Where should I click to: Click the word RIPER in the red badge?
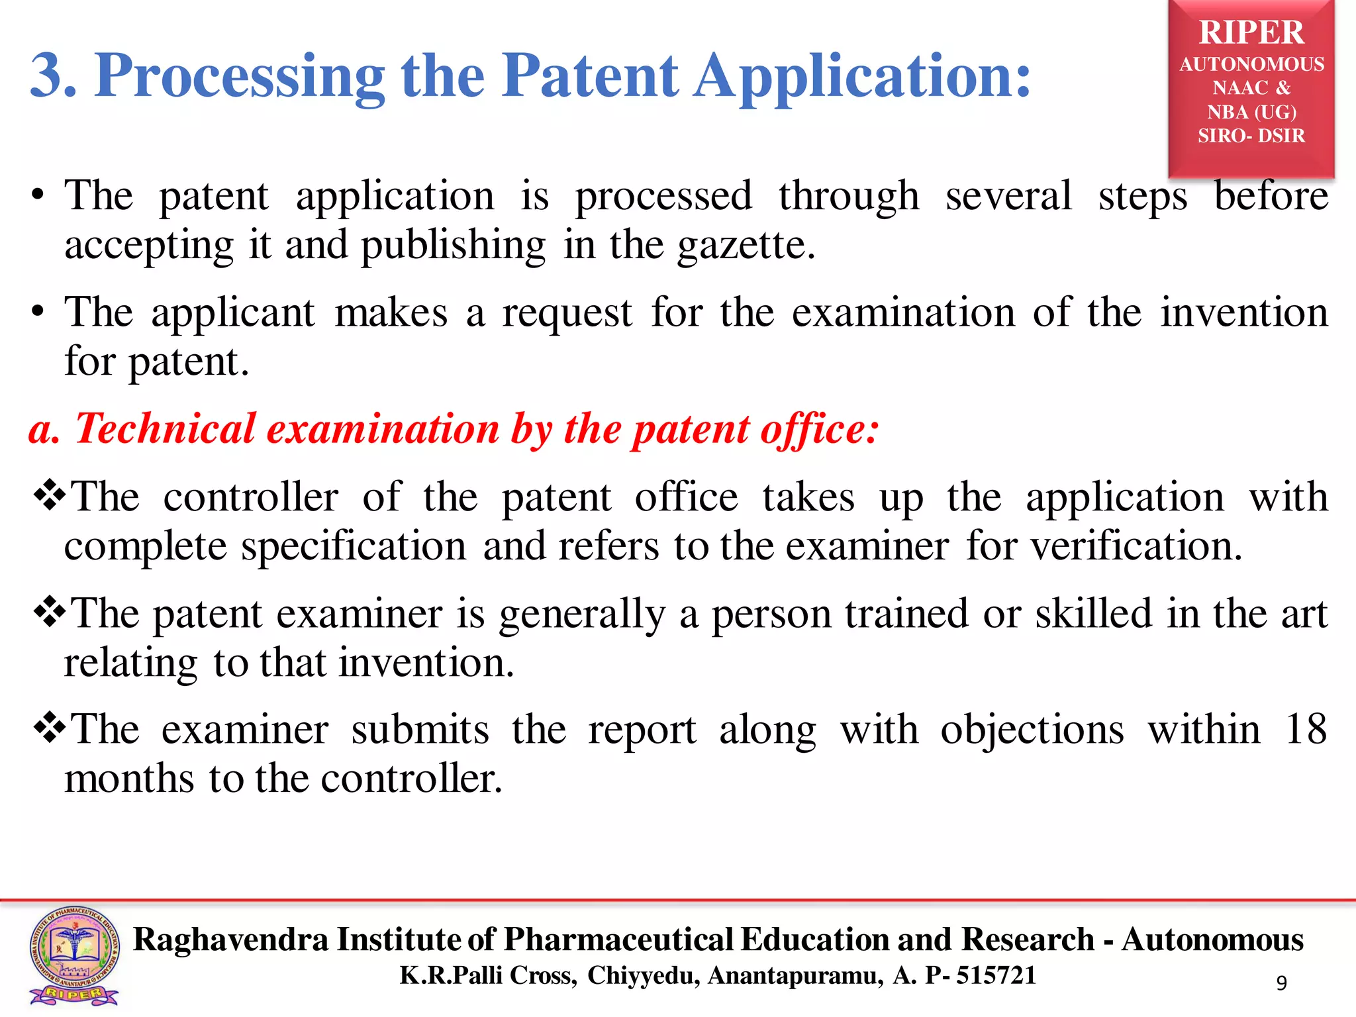(x=1251, y=32)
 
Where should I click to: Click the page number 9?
(x=1282, y=983)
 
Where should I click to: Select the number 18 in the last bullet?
(x=1306, y=730)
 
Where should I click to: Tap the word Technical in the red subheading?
(x=165, y=428)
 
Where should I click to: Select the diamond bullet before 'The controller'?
(x=49, y=496)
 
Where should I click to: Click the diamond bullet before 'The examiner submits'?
(x=49, y=729)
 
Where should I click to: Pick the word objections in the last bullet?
(x=1032, y=730)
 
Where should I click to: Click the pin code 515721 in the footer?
(x=996, y=975)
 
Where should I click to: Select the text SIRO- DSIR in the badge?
(x=1251, y=136)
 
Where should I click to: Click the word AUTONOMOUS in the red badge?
(x=1251, y=64)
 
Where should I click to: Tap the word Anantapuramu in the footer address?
(x=795, y=975)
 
